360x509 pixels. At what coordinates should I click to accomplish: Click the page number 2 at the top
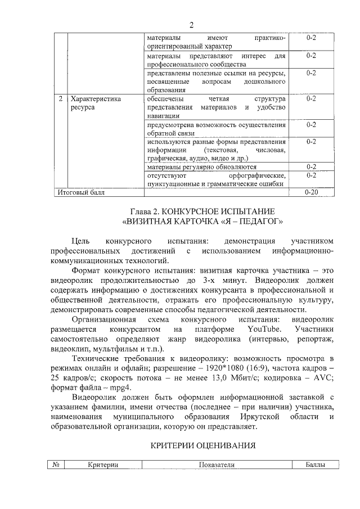191,24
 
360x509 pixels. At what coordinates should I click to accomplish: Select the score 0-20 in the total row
311,192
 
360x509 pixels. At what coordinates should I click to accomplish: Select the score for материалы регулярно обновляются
311,166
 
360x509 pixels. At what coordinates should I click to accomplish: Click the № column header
56,465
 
